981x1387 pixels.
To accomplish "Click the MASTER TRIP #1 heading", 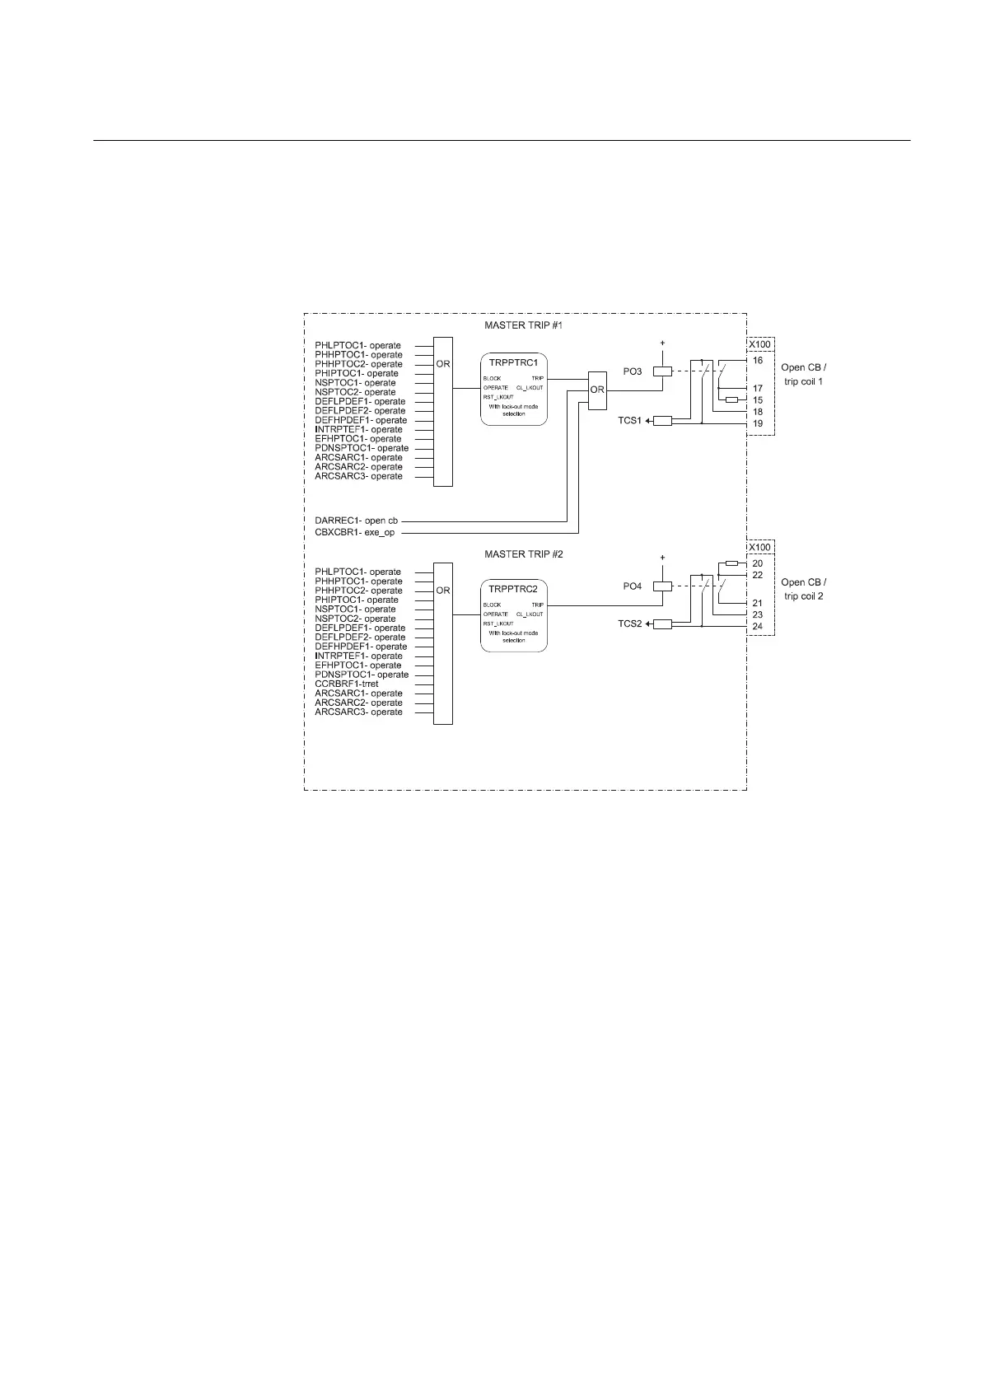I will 523,327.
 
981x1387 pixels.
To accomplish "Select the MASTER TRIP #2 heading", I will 523,553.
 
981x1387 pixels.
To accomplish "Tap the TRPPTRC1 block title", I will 513,363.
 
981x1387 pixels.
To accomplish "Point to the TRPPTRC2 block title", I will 513,590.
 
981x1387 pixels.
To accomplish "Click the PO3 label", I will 632,372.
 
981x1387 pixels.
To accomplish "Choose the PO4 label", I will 632,586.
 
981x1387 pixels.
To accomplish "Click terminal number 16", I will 758,361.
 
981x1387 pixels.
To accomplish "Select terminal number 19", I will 758,423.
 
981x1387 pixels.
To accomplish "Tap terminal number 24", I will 758,627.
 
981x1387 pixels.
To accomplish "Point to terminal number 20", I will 758,563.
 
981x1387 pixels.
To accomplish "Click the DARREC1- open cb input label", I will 357,521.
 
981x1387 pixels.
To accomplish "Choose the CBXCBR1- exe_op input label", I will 355,533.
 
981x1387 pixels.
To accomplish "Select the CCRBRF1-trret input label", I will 347,684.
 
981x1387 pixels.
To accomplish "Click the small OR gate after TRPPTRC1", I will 597,390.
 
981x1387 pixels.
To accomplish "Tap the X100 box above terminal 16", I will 759,345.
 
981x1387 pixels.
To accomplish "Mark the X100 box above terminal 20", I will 759,548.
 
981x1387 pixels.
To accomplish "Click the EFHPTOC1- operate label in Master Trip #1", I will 358,439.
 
